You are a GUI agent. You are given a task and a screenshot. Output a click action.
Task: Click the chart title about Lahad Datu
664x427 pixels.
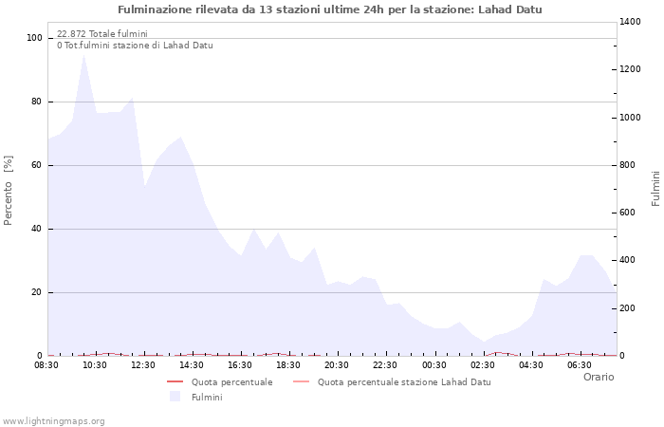click(x=330, y=9)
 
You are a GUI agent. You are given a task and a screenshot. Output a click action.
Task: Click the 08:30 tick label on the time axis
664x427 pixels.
click(x=46, y=364)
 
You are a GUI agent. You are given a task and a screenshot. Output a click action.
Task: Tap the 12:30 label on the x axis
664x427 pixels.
click(x=143, y=364)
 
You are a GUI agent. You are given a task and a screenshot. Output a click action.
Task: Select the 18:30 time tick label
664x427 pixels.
click(x=288, y=364)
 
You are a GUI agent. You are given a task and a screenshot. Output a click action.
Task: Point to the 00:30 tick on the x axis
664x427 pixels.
click(x=434, y=364)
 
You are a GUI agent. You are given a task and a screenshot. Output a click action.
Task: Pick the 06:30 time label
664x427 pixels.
click(x=580, y=364)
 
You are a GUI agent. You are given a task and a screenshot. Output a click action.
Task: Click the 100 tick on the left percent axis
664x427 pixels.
click(x=35, y=38)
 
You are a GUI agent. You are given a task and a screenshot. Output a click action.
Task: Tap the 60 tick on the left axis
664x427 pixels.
click(x=38, y=165)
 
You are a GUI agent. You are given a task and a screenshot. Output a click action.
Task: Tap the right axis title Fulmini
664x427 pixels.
click(x=655, y=188)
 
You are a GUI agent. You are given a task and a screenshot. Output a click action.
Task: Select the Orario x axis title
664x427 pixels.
click(x=598, y=377)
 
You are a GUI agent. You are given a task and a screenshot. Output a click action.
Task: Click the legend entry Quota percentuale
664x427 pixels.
click(x=231, y=382)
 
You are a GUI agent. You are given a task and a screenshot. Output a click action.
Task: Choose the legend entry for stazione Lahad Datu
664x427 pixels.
click(x=404, y=382)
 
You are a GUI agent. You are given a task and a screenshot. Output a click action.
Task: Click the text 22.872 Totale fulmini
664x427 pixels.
click(x=101, y=34)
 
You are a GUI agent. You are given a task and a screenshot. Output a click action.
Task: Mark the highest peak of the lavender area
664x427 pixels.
click(x=84, y=54)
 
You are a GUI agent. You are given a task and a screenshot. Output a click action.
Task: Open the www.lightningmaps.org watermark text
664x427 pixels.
click(x=54, y=420)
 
